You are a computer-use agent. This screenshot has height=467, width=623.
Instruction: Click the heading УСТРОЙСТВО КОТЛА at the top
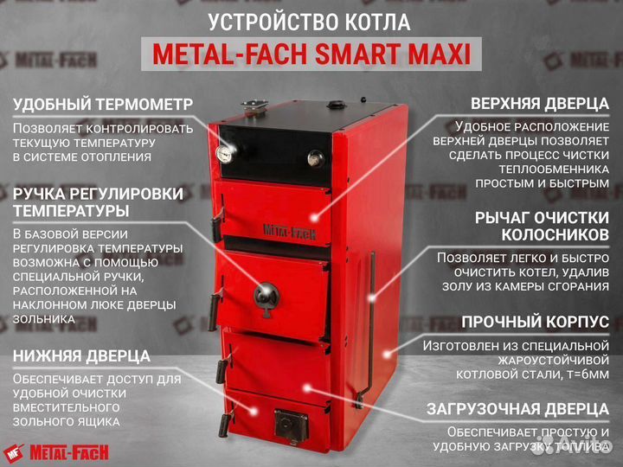click(311, 22)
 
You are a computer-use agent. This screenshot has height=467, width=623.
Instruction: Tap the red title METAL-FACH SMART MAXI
click(311, 54)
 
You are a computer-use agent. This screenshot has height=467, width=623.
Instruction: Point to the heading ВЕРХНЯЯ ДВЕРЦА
click(533, 105)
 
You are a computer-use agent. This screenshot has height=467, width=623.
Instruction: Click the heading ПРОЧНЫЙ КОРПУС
click(535, 322)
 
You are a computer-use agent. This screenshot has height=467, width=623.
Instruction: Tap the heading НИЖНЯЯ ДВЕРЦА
click(82, 355)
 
